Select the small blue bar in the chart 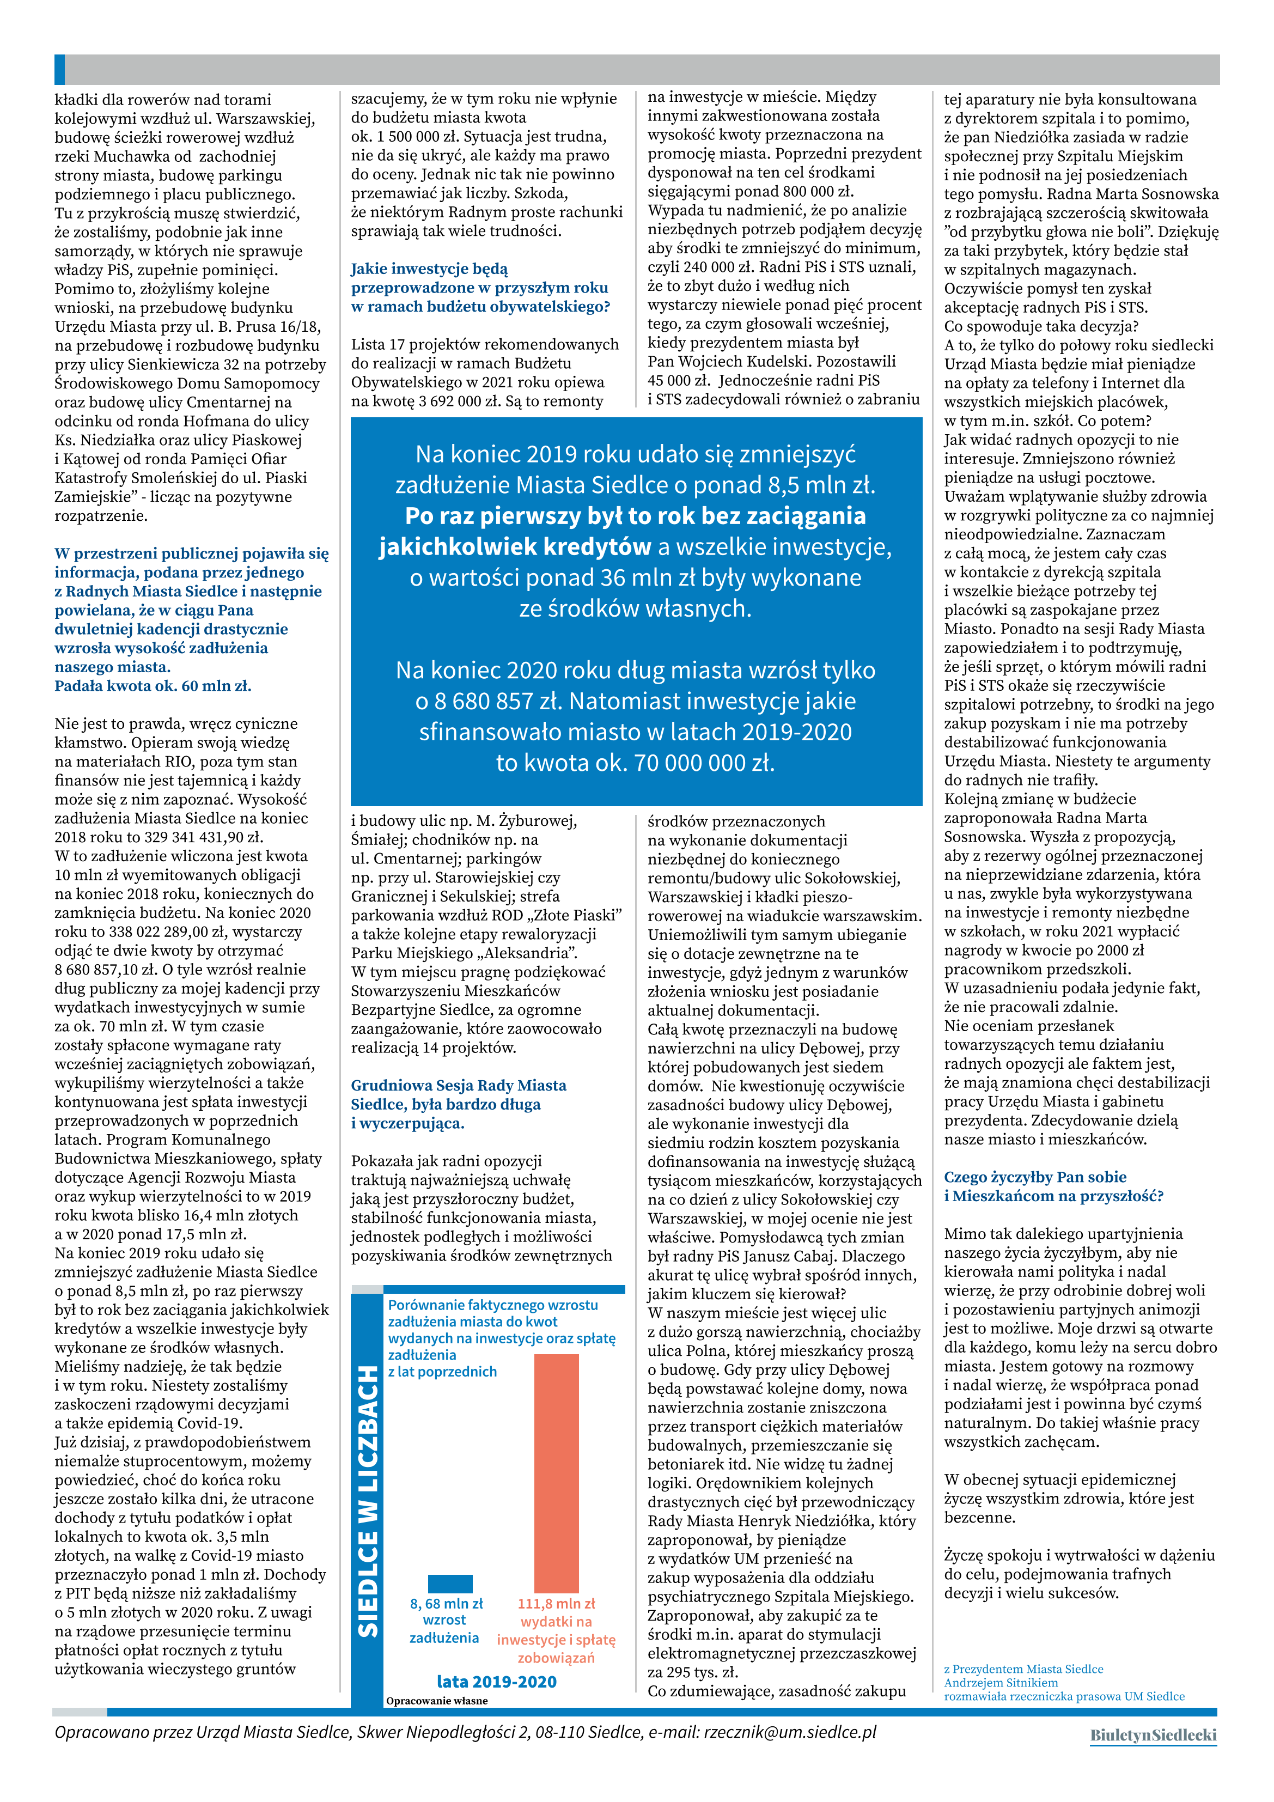click(450, 1583)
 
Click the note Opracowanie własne click(436, 1701)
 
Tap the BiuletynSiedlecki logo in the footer click(1153, 1736)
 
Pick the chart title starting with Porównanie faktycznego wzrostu click(493, 1305)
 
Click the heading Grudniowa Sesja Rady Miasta click(459, 1086)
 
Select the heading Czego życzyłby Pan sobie click(1034, 1177)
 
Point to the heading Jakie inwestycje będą click(429, 269)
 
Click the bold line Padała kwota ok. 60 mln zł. click(153, 686)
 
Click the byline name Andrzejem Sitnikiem click(1000, 1683)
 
